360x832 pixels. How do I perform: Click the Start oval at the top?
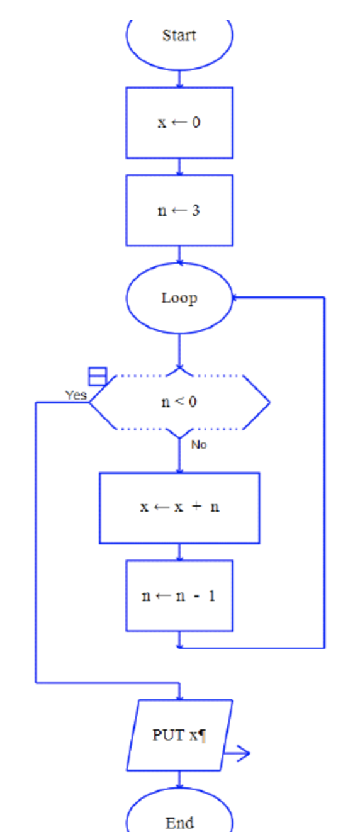(x=179, y=36)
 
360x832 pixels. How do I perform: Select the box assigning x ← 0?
(x=179, y=123)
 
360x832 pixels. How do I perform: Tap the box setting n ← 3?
(x=179, y=210)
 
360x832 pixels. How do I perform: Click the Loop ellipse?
(x=179, y=298)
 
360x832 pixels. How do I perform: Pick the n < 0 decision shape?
(x=179, y=402)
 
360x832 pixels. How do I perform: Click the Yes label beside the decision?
(x=76, y=395)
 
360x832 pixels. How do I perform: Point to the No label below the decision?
(x=199, y=445)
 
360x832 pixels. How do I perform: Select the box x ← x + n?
(x=179, y=507)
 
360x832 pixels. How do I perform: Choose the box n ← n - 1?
(x=179, y=595)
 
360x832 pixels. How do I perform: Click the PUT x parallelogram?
(x=179, y=734)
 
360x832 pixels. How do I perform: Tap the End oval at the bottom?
(x=179, y=821)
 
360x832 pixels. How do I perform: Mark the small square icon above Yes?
(x=97, y=376)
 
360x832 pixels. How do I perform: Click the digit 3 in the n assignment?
(x=196, y=210)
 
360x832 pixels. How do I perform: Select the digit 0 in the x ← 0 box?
(x=196, y=123)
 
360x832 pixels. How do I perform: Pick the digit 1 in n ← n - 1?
(x=211, y=595)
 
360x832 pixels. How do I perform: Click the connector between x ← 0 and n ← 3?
(x=179, y=166)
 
